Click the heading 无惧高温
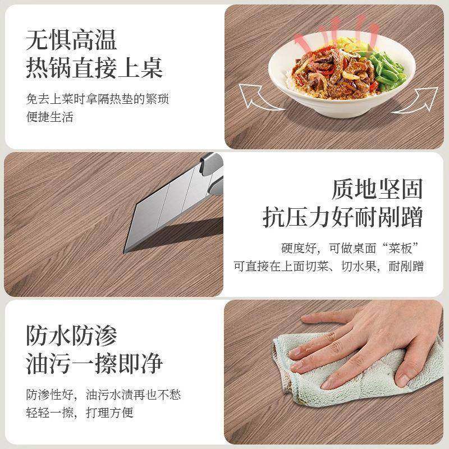coord(71,40)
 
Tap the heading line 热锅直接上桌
coord(94,69)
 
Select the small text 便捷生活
coord(49,117)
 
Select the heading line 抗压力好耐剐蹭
coord(343,217)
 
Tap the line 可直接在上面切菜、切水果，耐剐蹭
coord(329,266)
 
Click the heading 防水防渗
coord(72,336)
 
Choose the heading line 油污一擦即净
coord(94,364)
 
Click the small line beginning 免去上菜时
coord(97,100)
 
